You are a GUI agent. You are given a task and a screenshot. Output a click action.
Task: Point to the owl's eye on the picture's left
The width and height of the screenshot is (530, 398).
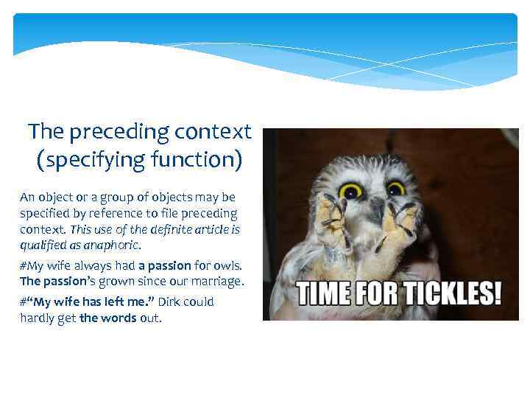point(350,192)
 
